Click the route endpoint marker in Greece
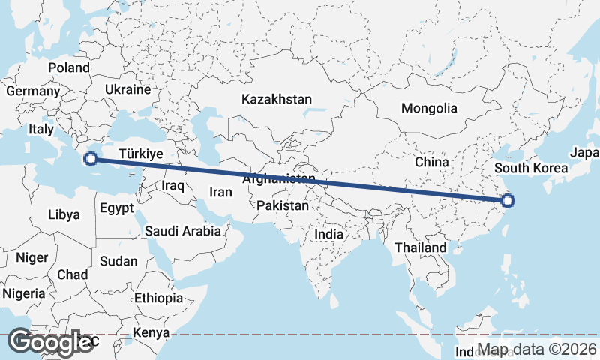pyautogui.click(x=90, y=159)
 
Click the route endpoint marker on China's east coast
pyautogui.click(x=508, y=200)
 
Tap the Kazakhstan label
pyautogui.click(x=276, y=99)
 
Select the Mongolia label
pyautogui.click(x=428, y=108)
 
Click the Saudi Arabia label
pyautogui.click(x=183, y=231)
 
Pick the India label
pyautogui.click(x=328, y=234)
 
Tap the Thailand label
pyautogui.click(x=421, y=247)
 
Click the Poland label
pyautogui.click(x=69, y=67)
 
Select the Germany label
pyautogui.click(x=32, y=91)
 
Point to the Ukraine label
pyautogui.click(x=127, y=88)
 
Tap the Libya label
pyautogui.click(x=64, y=214)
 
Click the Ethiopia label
pyautogui.click(x=158, y=298)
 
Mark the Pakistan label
pyautogui.click(x=282, y=205)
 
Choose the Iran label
pyautogui.click(x=220, y=192)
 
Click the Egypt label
pyautogui.click(x=116, y=208)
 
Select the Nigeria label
pyautogui.click(x=24, y=293)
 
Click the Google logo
pyautogui.click(x=51, y=343)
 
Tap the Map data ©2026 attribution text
pyautogui.click(x=538, y=349)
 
